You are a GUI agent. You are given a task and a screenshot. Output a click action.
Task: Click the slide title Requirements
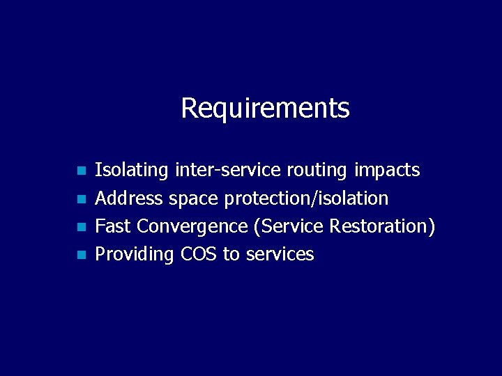point(265,109)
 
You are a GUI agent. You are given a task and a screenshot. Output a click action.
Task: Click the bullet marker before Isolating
point(81,171)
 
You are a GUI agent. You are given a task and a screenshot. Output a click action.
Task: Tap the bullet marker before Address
point(81,199)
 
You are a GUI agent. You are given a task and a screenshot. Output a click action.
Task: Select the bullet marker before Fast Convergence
point(81,227)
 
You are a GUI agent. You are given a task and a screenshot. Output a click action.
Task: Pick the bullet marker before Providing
point(81,255)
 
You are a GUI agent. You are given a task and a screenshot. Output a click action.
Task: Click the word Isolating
point(132,170)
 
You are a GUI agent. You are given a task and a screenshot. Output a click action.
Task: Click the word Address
point(129,198)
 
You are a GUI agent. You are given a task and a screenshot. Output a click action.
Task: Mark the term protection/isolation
point(305,198)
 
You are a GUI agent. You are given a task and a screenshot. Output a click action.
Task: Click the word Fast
point(113,226)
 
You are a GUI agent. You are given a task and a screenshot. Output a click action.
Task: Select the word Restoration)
point(382,226)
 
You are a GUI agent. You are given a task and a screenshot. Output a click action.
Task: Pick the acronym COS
point(199,254)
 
